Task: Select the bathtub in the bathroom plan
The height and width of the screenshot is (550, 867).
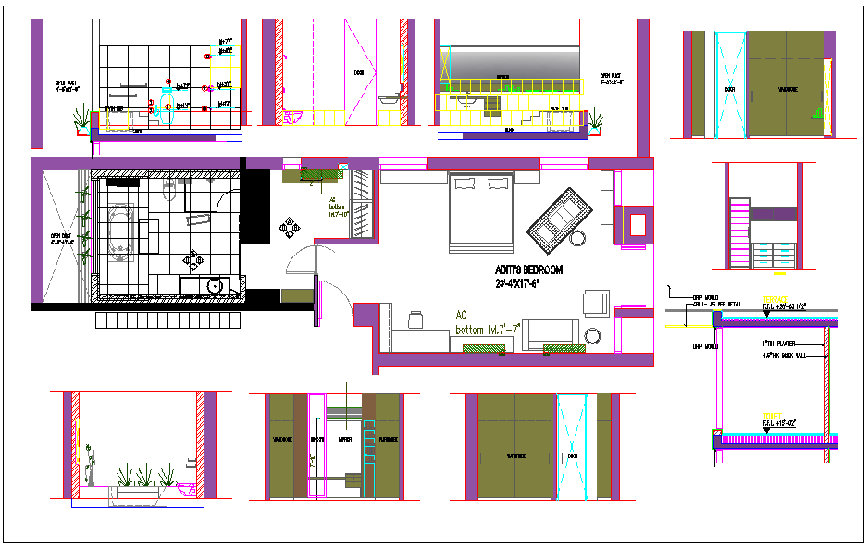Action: tap(120, 229)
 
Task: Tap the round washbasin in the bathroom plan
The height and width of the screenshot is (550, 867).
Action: tap(216, 286)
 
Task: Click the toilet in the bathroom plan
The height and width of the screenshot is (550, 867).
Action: tap(167, 190)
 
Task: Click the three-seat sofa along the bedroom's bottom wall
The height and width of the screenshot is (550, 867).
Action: tap(551, 333)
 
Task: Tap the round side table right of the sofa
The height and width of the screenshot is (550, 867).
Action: tap(593, 335)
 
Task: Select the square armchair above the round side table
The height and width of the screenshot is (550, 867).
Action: tap(596, 303)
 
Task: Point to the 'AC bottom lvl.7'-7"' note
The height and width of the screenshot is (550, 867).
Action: tap(489, 322)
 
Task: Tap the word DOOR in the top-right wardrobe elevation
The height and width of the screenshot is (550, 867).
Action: tap(729, 90)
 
